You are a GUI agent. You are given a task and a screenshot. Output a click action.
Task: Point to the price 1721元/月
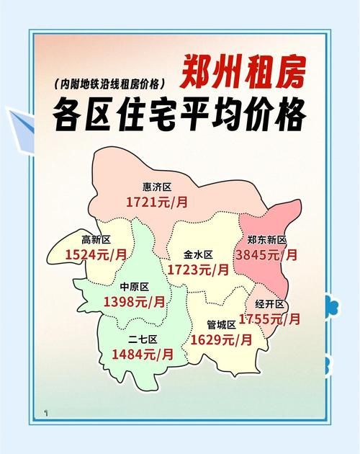click(x=157, y=202)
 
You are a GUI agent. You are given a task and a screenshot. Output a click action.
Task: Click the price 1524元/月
click(x=96, y=254)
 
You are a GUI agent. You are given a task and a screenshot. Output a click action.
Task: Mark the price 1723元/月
click(x=198, y=270)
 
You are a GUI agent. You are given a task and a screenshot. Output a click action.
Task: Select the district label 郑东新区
click(x=266, y=239)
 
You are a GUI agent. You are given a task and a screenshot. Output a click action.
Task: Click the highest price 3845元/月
click(x=266, y=254)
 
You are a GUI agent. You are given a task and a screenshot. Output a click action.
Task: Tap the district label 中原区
click(x=134, y=286)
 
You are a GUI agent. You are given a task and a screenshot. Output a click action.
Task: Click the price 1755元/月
click(x=270, y=318)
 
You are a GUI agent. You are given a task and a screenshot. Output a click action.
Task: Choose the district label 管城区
click(x=222, y=324)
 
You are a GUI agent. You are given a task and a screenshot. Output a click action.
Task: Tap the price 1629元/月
click(x=222, y=339)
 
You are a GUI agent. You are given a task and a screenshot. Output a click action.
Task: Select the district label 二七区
click(x=143, y=339)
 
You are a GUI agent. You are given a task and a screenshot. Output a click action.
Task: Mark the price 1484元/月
click(x=143, y=354)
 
